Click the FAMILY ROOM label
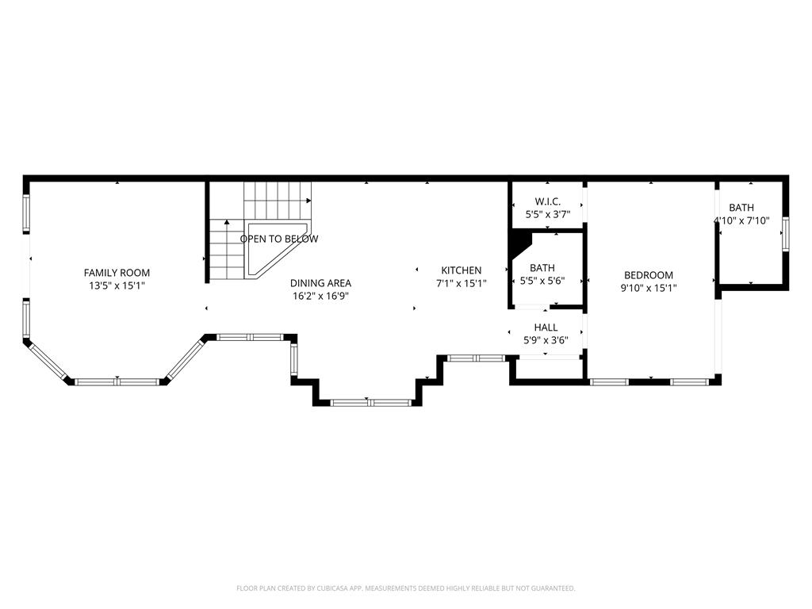point(117,273)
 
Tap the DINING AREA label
point(320,283)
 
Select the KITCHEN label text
point(462,270)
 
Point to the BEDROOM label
point(649,275)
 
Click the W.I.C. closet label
point(548,201)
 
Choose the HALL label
point(546,327)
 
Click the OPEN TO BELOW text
point(279,239)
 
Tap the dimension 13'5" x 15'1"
point(117,285)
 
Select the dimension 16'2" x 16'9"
point(321,296)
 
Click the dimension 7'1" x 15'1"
point(462,283)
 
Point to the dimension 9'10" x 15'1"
point(649,288)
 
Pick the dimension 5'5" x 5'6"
point(542,281)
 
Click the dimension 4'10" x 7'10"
point(741,220)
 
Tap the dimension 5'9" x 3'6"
point(546,340)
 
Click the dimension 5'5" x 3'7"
point(548,214)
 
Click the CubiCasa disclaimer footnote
point(405,588)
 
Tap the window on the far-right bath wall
point(786,235)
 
